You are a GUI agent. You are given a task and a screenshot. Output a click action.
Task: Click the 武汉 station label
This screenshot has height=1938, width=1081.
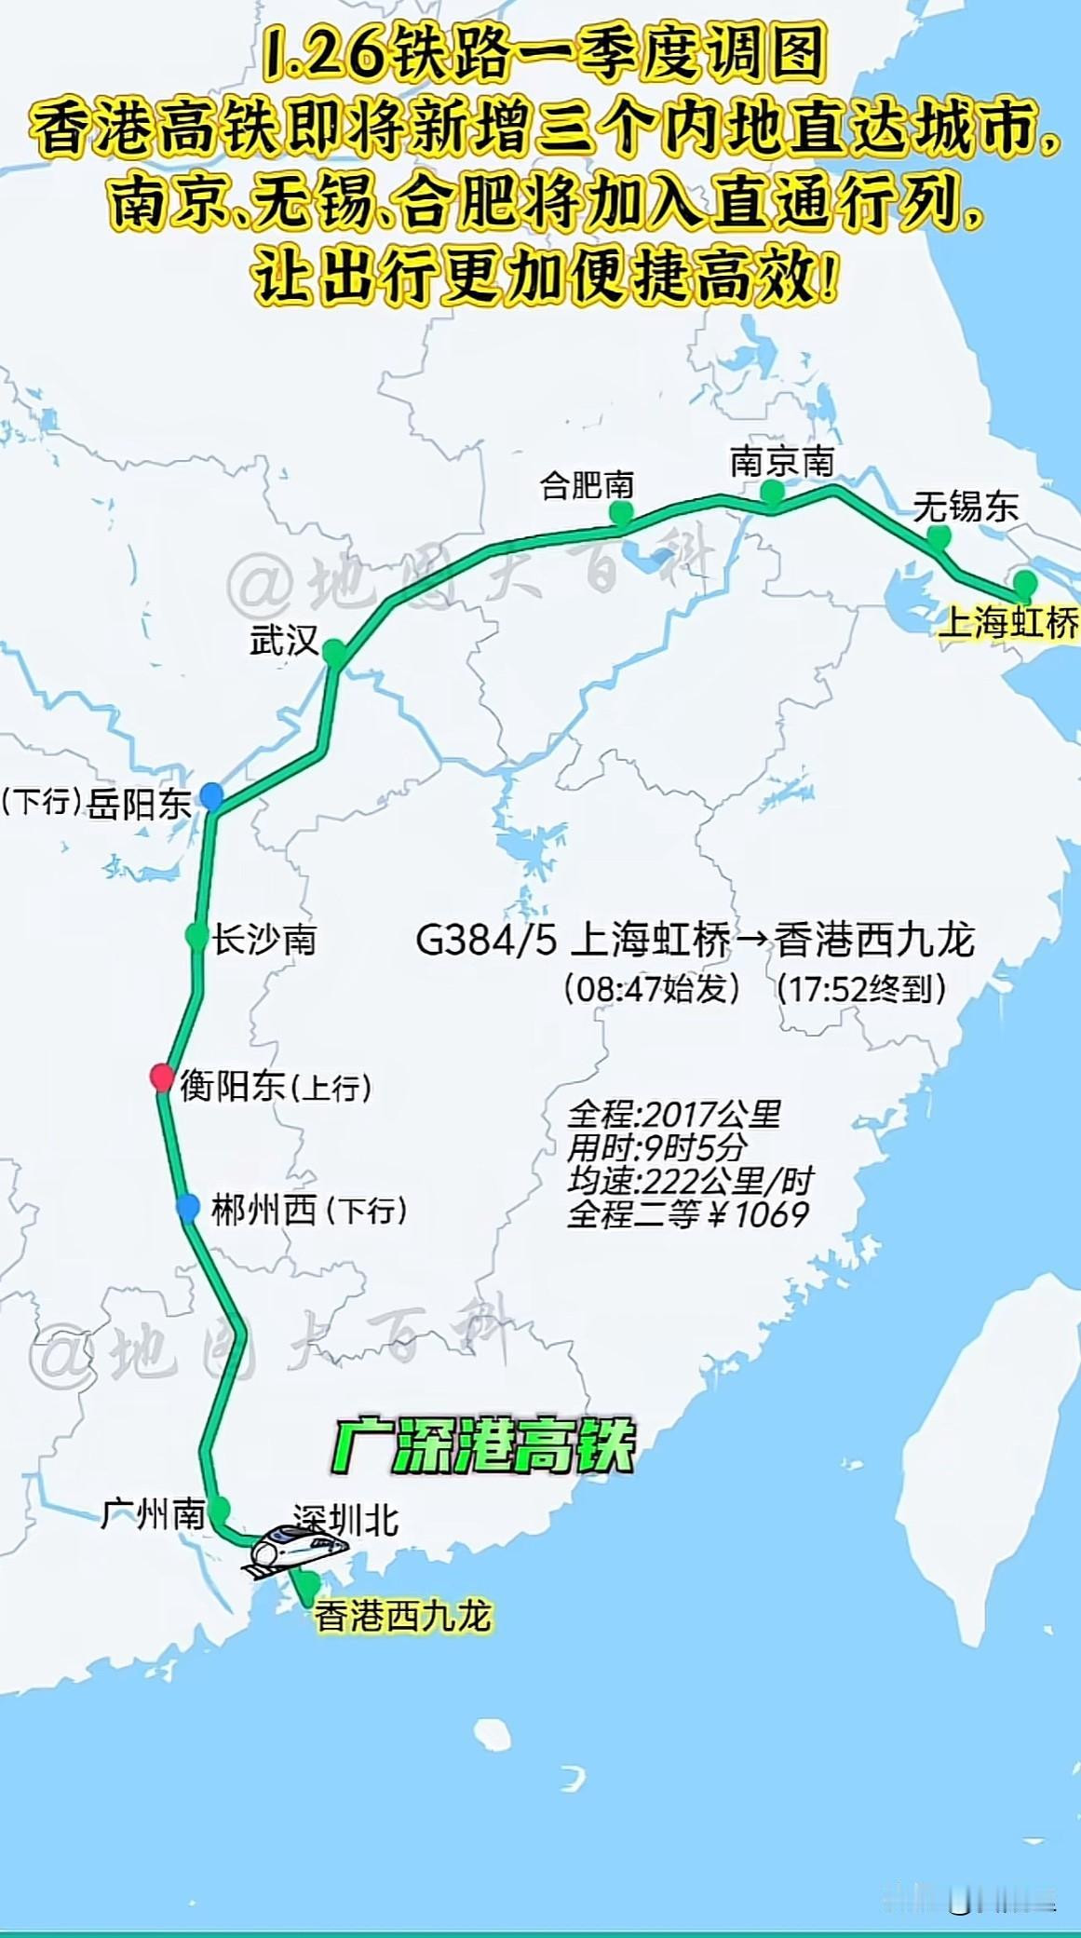(284, 641)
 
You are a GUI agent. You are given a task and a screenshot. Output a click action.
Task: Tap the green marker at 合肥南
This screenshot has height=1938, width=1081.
(621, 512)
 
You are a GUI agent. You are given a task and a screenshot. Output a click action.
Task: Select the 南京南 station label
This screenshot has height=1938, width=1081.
(781, 461)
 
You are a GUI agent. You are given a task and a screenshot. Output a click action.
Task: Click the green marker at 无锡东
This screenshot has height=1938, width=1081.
(939, 536)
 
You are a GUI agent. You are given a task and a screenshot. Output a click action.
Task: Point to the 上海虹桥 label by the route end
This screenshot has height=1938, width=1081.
(1008, 621)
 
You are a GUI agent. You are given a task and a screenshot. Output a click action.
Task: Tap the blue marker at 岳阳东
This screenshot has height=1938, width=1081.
(212, 795)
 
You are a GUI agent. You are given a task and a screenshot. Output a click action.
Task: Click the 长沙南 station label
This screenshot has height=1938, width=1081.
(264, 939)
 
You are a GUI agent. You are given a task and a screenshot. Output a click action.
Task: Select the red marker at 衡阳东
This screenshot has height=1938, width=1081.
(162, 1077)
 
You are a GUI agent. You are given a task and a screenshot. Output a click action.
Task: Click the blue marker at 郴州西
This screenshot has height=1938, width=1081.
(187, 1208)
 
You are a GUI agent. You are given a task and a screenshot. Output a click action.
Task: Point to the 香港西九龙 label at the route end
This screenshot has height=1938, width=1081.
(402, 1616)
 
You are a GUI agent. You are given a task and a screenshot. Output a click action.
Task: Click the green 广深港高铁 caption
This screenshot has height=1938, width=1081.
(482, 1446)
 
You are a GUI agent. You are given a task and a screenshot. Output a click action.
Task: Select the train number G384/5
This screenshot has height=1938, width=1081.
(484, 940)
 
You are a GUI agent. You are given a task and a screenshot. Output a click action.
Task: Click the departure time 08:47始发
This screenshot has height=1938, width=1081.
(651, 988)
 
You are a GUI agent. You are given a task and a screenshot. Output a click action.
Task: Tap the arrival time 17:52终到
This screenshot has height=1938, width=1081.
(861, 988)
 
